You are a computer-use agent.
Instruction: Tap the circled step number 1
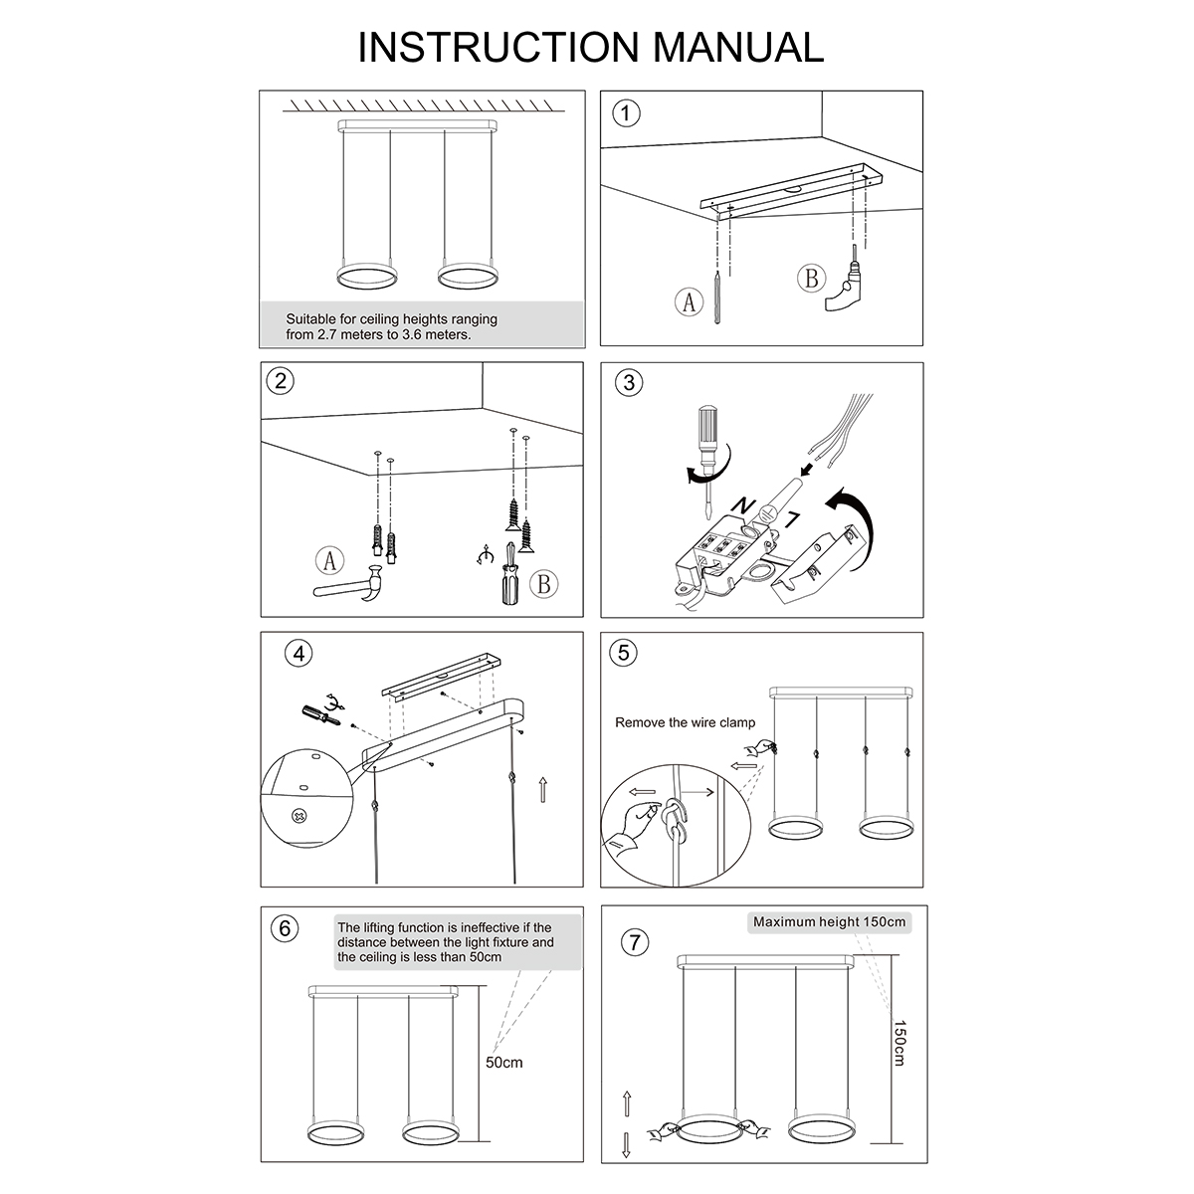tap(625, 112)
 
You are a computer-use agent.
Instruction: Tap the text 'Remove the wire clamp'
tap(685, 722)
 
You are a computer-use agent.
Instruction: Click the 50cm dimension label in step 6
tap(503, 1063)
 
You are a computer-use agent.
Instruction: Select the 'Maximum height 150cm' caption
tap(829, 922)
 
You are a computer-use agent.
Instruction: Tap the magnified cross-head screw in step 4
tap(298, 817)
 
